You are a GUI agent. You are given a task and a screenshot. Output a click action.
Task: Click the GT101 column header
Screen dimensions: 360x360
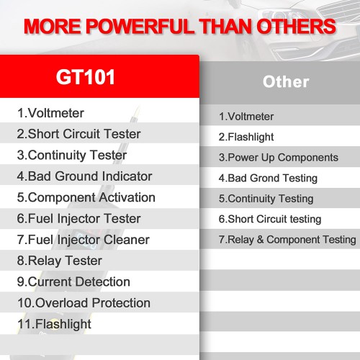(x=84, y=77)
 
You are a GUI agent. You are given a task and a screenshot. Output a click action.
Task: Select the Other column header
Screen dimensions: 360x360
(x=286, y=81)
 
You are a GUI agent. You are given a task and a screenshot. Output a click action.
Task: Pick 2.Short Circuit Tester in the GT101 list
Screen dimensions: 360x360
(x=79, y=134)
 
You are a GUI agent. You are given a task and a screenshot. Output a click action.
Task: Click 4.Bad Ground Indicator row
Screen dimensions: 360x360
(x=84, y=176)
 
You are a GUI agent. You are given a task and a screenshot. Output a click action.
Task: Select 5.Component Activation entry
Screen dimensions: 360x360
(x=86, y=197)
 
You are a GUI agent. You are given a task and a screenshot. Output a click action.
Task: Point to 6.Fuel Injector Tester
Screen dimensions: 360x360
(x=79, y=218)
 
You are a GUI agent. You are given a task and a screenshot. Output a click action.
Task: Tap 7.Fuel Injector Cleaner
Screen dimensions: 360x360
(x=84, y=240)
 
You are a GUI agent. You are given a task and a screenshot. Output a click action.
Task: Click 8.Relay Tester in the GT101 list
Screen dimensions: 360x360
(x=60, y=261)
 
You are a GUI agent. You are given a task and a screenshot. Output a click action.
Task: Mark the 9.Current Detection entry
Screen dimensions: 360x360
(x=73, y=282)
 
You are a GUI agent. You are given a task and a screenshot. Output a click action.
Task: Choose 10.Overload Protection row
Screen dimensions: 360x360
(x=84, y=303)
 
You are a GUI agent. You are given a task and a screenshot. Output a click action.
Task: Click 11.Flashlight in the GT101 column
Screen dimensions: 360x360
(x=54, y=324)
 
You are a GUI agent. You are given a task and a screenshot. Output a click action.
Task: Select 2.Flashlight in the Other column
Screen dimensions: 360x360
(x=246, y=137)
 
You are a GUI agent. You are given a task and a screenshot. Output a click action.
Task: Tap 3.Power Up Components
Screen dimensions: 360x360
(x=278, y=158)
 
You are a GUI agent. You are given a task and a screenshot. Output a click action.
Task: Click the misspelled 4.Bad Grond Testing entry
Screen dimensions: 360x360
(x=268, y=178)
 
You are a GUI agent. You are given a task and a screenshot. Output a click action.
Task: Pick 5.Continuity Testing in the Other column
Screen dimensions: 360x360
(x=266, y=199)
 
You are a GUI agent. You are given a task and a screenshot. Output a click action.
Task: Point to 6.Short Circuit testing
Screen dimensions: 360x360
(x=270, y=219)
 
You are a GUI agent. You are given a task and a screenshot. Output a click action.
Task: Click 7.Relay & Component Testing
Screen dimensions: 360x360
(x=287, y=240)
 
